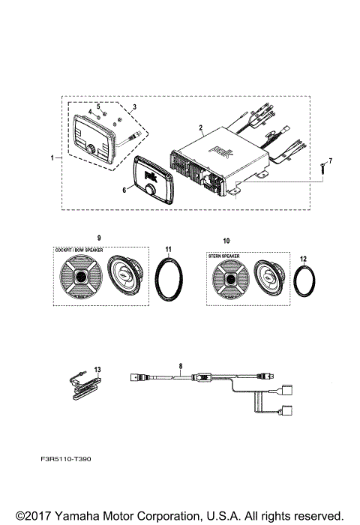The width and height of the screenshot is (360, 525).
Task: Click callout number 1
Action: click(x=52, y=158)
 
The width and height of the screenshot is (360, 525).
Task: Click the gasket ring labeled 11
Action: click(x=170, y=279)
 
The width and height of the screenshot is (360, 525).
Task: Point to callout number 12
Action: click(x=304, y=259)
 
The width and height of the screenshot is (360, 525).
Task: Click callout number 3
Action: click(x=133, y=107)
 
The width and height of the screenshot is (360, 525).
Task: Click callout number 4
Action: click(x=89, y=112)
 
